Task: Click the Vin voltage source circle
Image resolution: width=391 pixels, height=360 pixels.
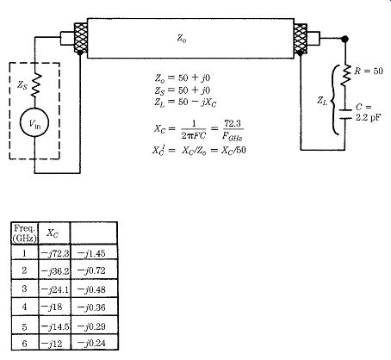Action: tap(34, 122)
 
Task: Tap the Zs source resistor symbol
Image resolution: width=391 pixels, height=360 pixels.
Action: tap(36, 85)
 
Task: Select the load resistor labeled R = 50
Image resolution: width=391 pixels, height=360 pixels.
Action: tap(345, 75)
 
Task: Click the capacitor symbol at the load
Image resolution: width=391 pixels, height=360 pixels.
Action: tap(345, 114)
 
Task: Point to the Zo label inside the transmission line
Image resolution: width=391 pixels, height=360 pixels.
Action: tap(182, 38)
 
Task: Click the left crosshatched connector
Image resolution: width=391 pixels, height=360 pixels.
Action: tap(81, 38)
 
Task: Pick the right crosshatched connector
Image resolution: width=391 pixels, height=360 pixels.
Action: tap(301, 39)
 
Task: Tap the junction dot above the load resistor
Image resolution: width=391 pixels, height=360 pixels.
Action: tap(345, 39)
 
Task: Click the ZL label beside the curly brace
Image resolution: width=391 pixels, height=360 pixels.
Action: tap(322, 100)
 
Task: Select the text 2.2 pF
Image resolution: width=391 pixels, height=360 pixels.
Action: tap(368, 117)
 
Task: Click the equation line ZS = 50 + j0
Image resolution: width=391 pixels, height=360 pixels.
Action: tap(183, 90)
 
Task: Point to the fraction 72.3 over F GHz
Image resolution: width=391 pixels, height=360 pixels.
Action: tap(233, 130)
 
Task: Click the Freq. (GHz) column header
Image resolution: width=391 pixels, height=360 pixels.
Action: tap(25, 233)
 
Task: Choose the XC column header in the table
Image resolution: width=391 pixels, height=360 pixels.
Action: tap(53, 233)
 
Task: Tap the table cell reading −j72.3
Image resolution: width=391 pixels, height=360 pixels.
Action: tap(55, 253)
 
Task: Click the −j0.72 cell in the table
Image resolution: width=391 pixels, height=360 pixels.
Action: tap(91, 270)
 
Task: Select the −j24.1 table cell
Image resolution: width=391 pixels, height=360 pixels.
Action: tap(55, 289)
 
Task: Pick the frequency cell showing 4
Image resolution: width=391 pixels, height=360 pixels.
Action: tap(24, 307)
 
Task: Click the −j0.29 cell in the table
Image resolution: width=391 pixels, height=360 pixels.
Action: tap(91, 326)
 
